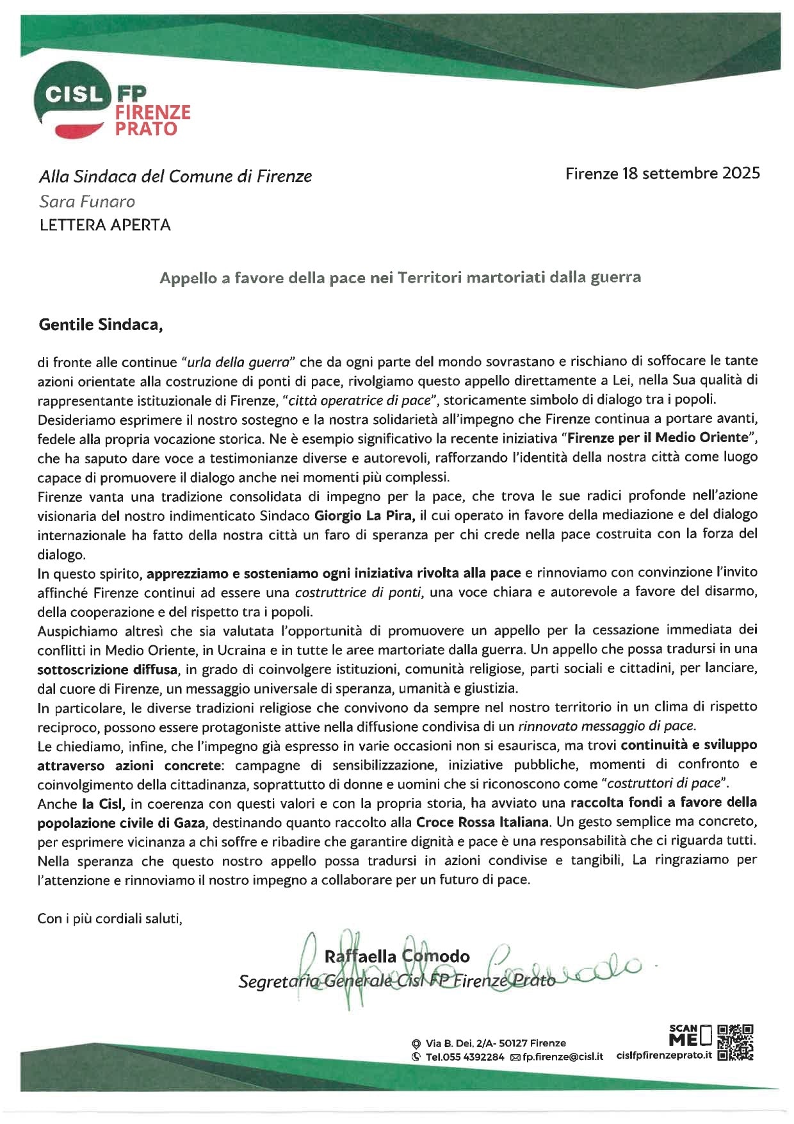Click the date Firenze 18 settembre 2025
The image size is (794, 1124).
coord(662,173)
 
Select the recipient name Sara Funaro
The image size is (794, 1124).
coord(87,201)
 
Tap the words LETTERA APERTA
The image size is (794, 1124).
coord(105,225)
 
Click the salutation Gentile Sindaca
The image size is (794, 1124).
coord(101,324)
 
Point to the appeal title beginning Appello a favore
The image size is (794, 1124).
coord(400,277)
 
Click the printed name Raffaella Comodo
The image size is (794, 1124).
coord(397,956)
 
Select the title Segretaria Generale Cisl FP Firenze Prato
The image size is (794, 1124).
coord(397,981)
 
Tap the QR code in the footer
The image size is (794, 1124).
coord(735,1043)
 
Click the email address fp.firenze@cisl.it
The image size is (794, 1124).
coord(562,1057)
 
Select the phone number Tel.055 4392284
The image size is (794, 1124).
coord(464,1057)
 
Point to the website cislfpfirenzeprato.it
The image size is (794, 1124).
coord(664,1055)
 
